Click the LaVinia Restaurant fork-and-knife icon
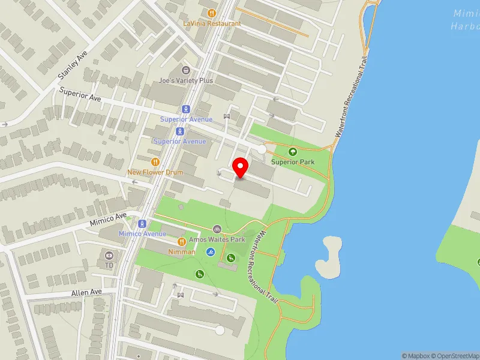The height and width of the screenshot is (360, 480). [x=211, y=13]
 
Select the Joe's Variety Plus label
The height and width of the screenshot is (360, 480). [x=186, y=80]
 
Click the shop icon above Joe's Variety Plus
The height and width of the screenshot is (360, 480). [x=185, y=70]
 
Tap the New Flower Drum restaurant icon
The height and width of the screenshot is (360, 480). [x=155, y=161]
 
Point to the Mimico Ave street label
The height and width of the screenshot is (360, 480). [x=109, y=220]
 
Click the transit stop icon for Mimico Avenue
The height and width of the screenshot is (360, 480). [x=142, y=223]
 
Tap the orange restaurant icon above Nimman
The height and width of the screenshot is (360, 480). [x=181, y=241]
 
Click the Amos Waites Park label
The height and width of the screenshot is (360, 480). [x=217, y=239]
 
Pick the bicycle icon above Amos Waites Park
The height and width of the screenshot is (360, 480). [x=217, y=229]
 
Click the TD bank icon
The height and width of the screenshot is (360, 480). [x=109, y=254]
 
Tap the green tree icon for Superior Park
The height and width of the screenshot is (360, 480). [x=293, y=152]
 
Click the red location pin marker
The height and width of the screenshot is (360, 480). [x=241, y=167]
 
